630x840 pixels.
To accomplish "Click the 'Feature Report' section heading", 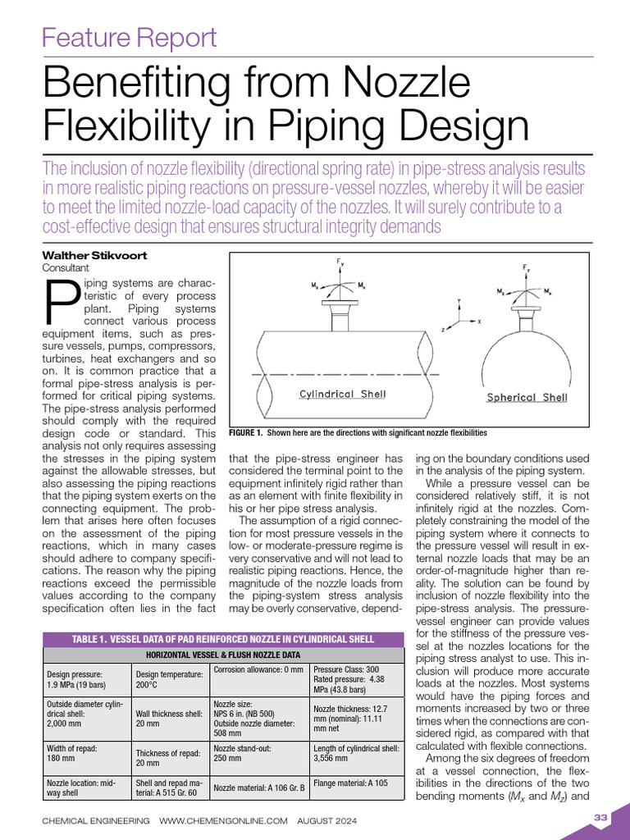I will [129, 38].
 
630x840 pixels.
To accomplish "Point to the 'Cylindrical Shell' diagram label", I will [342, 394].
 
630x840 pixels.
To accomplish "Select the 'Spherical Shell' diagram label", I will [527, 397].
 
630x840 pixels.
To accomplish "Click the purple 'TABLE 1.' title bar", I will [223, 640].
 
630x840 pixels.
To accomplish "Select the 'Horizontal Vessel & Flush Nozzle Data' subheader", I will [223, 655].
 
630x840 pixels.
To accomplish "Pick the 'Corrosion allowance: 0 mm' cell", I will [258, 670].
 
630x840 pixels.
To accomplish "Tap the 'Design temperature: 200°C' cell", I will [169, 679].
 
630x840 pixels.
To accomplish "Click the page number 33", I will [599, 817].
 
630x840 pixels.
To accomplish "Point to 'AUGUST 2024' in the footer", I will [327, 820].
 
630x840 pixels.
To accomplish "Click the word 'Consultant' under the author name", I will [66, 267].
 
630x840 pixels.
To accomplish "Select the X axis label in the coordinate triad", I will [479, 322].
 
